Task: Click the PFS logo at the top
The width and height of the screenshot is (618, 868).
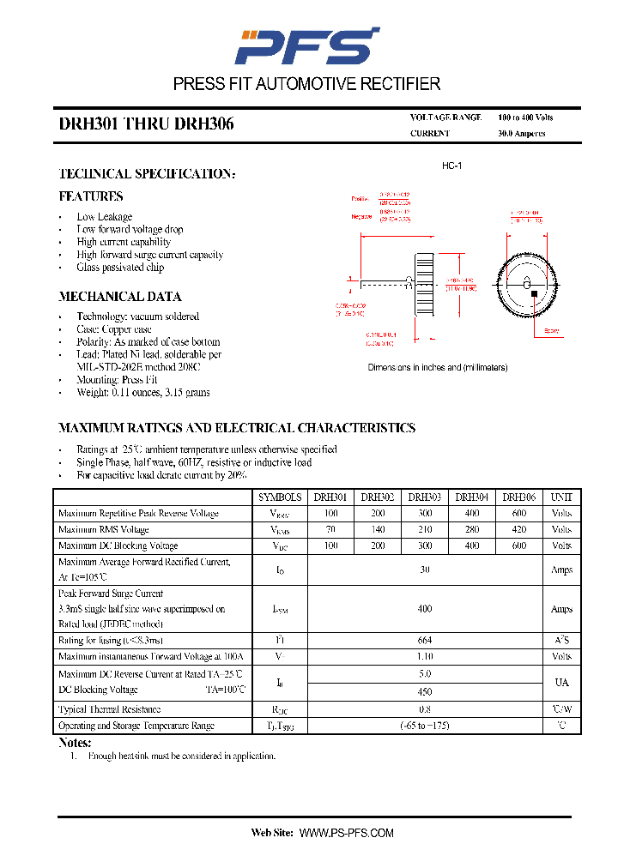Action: pyautogui.click(x=306, y=45)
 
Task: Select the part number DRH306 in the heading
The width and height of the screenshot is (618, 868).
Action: pyautogui.click(x=204, y=124)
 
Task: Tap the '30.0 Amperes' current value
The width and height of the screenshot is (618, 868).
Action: pyautogui.click(x=521, y=134)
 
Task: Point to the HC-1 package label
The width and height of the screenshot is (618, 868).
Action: pyautogui.click(x=451, y=166)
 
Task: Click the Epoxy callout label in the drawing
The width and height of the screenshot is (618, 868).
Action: pyautogui.click(x=552, y=330)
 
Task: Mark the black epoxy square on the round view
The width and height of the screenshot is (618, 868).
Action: pyautogui.click(x=535, y=294)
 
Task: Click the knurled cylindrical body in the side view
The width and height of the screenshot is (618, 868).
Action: pyautogui.click(x=423, y=284)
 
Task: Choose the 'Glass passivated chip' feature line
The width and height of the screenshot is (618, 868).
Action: pyautogui.click(x=120, y=268)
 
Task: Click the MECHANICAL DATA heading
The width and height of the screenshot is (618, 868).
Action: pyautogui.click(x=119, y=297)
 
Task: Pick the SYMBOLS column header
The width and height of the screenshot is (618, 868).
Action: pyautogui.click(x=280, y=497)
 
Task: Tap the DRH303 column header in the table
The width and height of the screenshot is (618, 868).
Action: pyautogui.click(x=425, y=497)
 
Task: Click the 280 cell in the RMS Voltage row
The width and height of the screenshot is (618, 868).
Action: pyautogui.click(x=472, y=529)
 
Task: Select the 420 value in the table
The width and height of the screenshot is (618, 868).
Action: pyautogui.click(x=519, y=529)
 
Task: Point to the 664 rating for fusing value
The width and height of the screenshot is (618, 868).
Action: pyautogui.click(x=425, y=640)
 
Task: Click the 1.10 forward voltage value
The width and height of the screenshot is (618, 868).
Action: pyautogui.click(x=425, y=656)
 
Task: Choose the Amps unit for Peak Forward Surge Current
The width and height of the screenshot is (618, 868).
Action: pyautogui.click(x=561, y=609)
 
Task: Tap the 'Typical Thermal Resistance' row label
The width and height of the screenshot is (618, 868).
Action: pyautogui.click(x=109, y=709)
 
